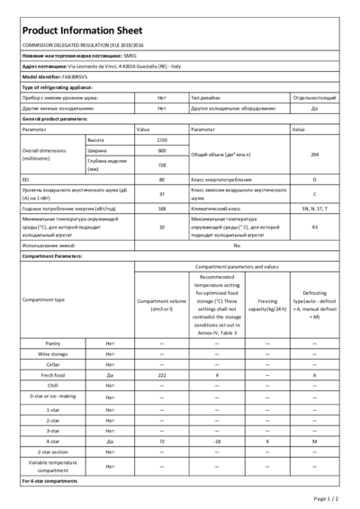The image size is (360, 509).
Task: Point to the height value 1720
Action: point(162,141)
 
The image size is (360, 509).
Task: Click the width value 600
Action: point(162,151)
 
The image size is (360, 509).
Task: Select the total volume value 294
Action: point(314,155)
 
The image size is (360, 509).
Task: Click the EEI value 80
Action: point(162,180)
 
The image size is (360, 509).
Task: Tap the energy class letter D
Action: point(314,180)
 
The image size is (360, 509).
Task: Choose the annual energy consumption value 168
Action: point(162,208)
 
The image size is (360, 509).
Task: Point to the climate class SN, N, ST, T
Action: point(314,208)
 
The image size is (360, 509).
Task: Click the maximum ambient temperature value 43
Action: point(314,227)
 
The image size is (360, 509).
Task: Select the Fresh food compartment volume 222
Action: point(162,374)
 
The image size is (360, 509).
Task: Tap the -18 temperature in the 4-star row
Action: point(218,442)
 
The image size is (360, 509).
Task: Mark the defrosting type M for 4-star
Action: point(314,442)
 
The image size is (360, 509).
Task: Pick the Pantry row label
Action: point(55,343)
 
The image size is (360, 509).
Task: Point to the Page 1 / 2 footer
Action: point(326,497)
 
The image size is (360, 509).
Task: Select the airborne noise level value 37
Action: point(162,193)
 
